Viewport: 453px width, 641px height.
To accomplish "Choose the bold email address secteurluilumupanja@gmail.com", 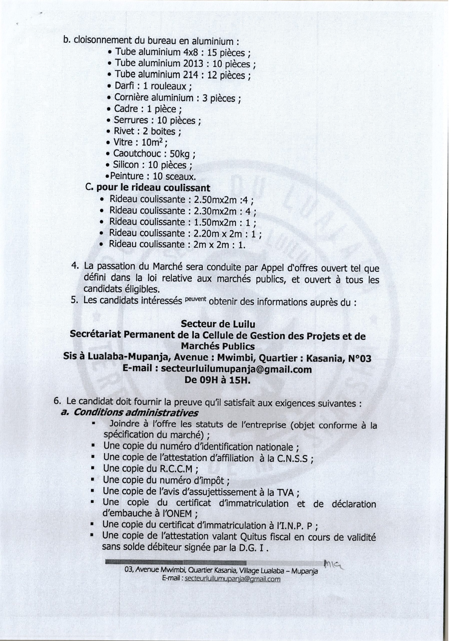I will coord(236,369).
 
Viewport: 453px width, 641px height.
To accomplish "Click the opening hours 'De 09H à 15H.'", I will coord(217,380).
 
